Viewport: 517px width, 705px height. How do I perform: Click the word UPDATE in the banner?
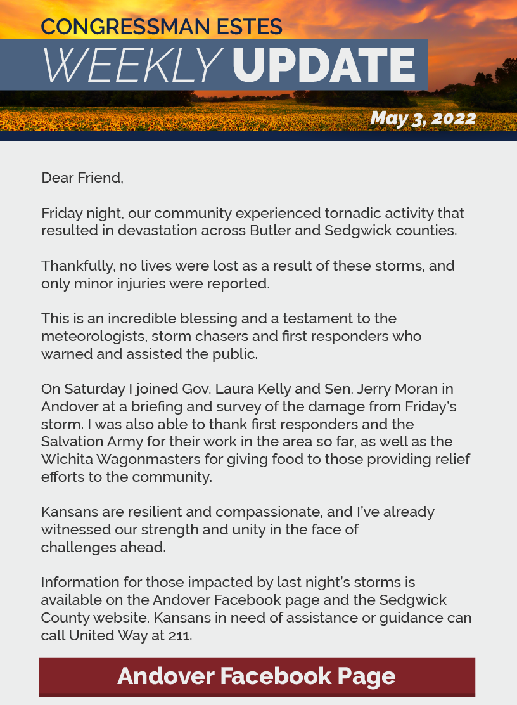tap(324, 65)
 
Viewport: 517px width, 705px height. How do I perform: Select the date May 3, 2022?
tap(423, 119)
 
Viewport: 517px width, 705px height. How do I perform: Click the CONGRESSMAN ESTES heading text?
tap(162, 27)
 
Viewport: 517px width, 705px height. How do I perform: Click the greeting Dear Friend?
tap(82, 178)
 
